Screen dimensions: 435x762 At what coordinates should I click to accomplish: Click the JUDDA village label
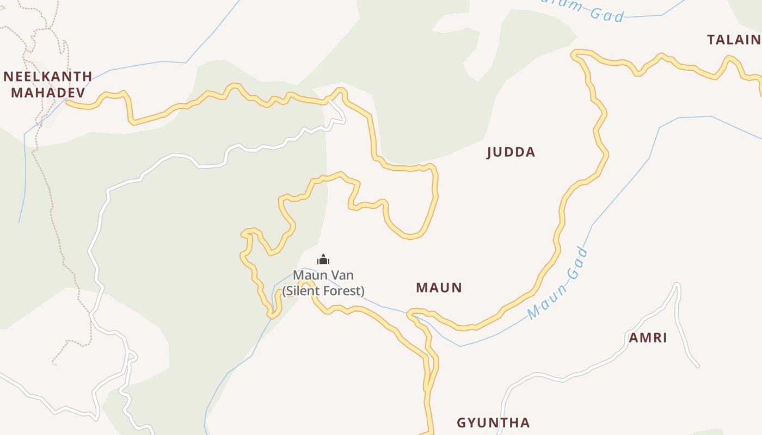511,152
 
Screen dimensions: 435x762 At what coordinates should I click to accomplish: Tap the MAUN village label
439,288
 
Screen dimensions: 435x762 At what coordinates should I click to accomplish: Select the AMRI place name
648,338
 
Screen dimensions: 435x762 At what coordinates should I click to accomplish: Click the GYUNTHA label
493,422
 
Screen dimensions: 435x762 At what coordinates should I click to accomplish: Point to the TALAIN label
734,40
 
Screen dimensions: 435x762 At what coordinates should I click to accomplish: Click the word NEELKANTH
48,77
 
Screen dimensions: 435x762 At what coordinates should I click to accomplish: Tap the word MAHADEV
48,92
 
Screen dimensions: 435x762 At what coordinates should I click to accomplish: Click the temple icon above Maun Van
323,260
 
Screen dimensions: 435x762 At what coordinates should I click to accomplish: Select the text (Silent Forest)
323,291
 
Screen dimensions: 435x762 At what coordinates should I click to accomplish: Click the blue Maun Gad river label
558,283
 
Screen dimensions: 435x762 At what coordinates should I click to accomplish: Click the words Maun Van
323,275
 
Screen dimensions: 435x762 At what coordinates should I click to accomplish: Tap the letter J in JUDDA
489,153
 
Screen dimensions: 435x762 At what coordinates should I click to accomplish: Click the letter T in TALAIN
711,40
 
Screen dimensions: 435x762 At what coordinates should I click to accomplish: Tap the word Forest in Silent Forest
343,291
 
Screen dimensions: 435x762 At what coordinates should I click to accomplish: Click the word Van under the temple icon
342,275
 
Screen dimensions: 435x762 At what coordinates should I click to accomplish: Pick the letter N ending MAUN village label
457,288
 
